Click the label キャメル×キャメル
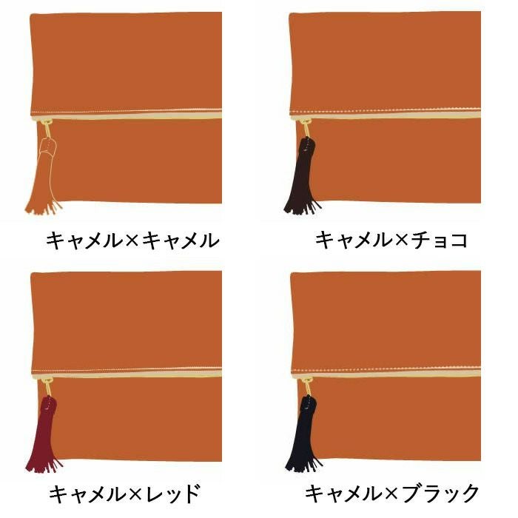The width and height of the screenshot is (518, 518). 132,240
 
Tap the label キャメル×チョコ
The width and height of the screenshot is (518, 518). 391,240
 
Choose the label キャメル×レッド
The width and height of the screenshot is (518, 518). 124,494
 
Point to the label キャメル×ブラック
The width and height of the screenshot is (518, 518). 391,494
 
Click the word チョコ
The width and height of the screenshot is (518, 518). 440,240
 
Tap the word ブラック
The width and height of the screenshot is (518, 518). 440,494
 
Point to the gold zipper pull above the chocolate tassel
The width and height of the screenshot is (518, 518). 306,128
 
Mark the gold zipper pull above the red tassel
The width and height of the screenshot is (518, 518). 47,387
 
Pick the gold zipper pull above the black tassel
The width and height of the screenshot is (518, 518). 306,387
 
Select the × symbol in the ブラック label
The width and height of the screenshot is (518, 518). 391,494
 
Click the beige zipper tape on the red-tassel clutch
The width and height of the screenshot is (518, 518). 127,374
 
